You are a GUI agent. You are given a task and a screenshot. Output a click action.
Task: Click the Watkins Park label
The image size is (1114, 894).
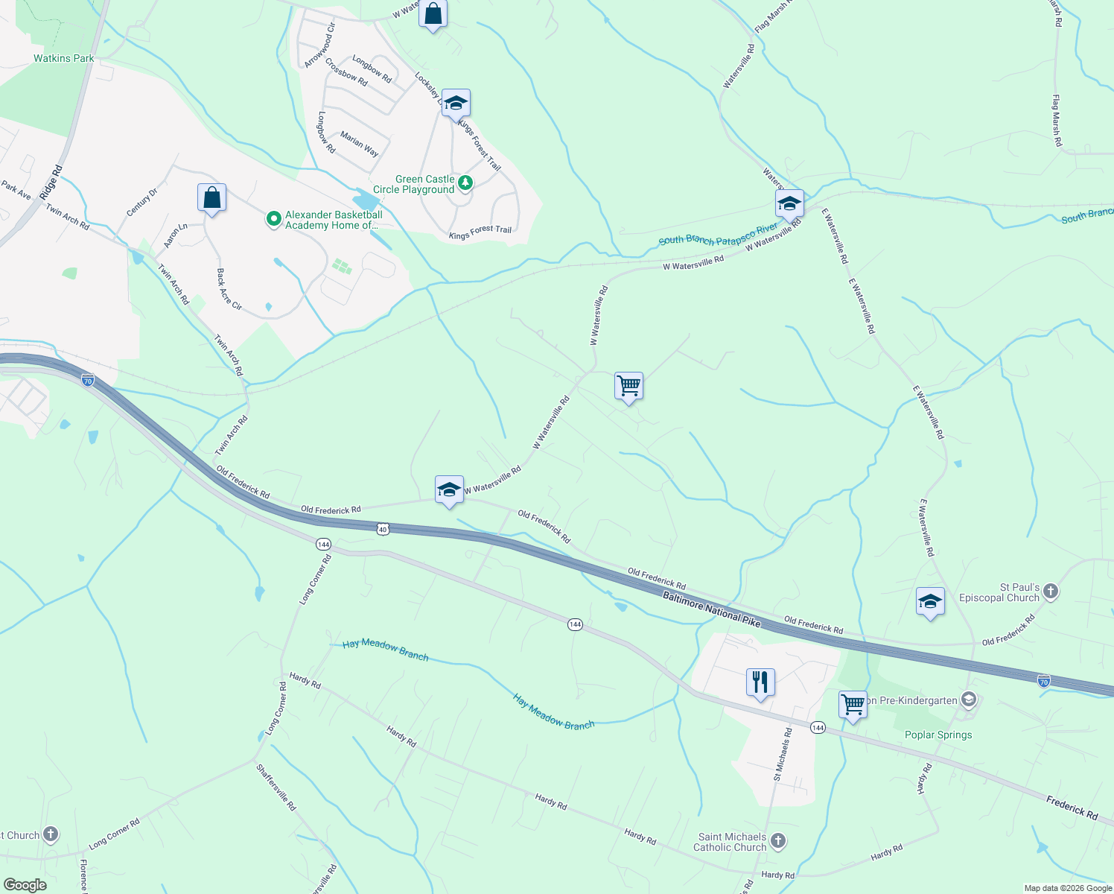point(64,58)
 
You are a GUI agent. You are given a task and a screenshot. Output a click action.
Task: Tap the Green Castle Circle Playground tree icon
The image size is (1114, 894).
point(465,182)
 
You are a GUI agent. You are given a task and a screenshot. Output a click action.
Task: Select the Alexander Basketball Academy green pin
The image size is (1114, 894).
point(273,219)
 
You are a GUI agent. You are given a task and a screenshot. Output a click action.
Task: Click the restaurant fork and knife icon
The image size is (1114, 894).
point(760,682)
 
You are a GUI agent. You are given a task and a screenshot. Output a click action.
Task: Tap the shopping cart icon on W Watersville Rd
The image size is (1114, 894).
point(629,386)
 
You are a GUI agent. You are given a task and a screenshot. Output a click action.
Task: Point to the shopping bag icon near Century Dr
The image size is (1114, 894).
point(212,198)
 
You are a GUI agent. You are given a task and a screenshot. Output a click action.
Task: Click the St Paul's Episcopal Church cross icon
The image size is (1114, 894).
point(1051,592)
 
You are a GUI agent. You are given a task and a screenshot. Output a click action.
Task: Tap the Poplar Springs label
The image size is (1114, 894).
point(938,735)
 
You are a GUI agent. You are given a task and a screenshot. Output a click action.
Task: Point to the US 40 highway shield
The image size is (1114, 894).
point(383,529)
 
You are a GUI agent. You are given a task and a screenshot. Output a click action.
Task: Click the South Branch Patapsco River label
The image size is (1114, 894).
point(718,235)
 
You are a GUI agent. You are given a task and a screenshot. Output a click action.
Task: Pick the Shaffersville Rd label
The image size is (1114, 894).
point(276,787)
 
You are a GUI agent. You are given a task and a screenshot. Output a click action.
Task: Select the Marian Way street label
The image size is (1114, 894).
point(360,144)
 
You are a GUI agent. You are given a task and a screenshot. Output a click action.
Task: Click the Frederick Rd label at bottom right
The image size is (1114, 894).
point(1072,808)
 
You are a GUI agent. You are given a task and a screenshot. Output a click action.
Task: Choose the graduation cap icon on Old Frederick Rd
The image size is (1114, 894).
point(449,489)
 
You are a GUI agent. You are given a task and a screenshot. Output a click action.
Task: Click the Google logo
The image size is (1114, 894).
point(25,885)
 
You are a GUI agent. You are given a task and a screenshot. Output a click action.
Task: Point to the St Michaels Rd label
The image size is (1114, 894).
point(783,754)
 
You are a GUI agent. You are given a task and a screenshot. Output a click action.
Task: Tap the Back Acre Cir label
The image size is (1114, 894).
point(229,290)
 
